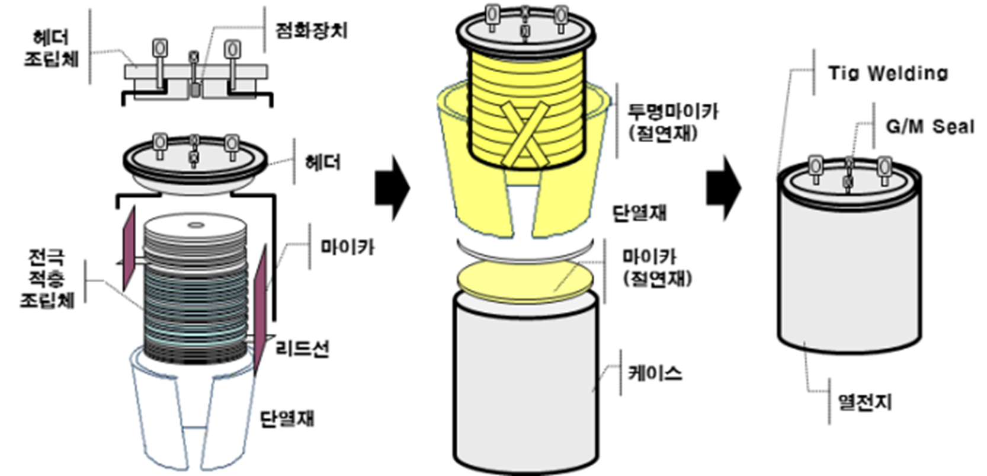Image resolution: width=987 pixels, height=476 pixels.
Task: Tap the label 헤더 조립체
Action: coord(51,49)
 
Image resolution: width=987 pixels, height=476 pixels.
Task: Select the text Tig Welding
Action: coord(887,74)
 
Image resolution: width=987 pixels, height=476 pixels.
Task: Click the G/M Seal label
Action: coord(930,126)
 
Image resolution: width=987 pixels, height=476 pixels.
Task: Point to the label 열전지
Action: coord(864,402)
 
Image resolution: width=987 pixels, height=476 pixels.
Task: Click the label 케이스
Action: coord(655,373)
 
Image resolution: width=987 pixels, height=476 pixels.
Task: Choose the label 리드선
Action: coord(303,349)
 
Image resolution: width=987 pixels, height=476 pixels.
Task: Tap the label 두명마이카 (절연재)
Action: coord(672,122)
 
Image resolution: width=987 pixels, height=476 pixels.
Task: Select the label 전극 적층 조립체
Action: coord(47,279)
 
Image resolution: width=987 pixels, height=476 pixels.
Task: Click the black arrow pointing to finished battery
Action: coord(723,189)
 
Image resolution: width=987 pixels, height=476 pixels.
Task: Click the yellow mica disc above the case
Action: coord(525,280)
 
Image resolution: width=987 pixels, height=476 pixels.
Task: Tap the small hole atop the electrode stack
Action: coord(196,225)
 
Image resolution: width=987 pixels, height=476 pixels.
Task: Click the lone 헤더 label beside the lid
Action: coord(323,162)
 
